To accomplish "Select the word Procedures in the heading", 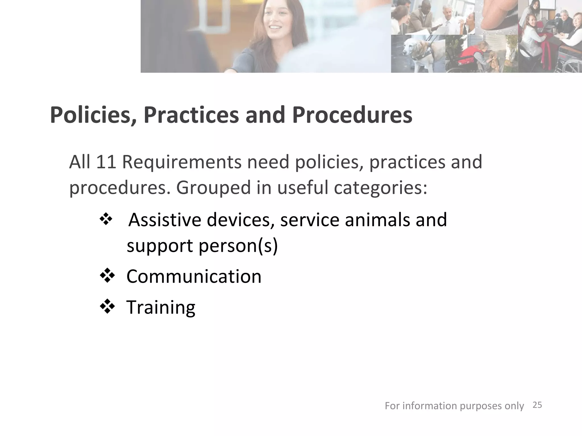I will click(352, 115).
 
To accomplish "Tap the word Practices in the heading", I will click(191, 115).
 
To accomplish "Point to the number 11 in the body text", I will click(106, 162).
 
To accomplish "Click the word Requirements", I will click(182, 162).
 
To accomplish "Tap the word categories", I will click(381, 188).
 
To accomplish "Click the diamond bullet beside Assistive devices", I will click(106, 219).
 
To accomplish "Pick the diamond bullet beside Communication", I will click(107, 276).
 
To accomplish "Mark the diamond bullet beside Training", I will click(107, 307).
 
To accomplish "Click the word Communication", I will click(194, 276).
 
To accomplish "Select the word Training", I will click(161, 307).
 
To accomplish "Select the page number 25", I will click(537, 405).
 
